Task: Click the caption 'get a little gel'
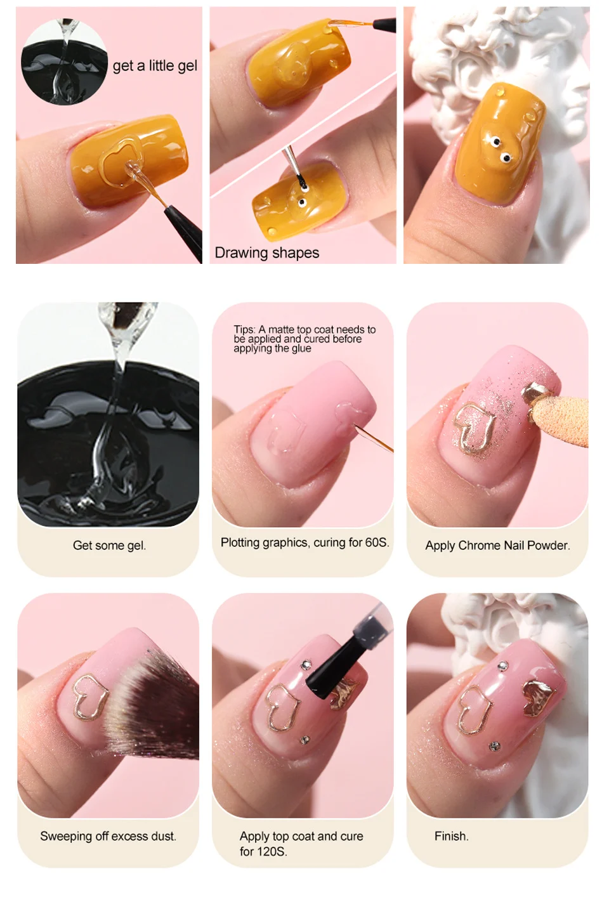(x=155, y=66)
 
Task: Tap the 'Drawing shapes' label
(x=266, y=252)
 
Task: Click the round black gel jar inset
(x=64, y=62)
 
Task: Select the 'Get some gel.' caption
(x=109, y=546)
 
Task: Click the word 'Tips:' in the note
(x=244, y=329)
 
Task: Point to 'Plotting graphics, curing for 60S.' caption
(x=304, y=542)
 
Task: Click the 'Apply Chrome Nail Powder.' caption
(x=497, y=546)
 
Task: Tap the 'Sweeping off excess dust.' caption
(x=108, y=836)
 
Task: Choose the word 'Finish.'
(x=451, y=836)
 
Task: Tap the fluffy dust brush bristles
(x=152, y=704)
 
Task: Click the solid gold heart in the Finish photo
(x=539, y=698)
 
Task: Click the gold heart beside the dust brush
(x=88, y=696)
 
